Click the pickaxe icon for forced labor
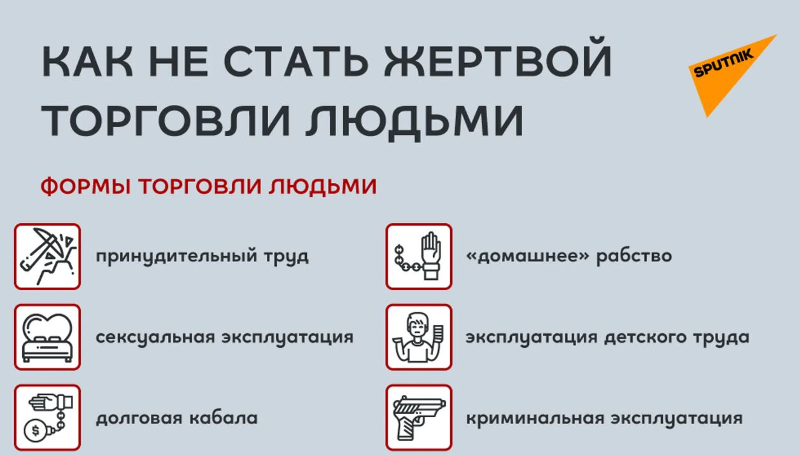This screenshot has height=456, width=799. (48, 256)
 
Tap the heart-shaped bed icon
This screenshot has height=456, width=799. (48, 337)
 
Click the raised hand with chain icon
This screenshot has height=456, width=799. (419, 256)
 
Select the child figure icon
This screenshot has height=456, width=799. (419, 337)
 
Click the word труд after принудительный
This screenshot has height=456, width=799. (285, 256)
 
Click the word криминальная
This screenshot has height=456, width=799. (534, 418)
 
